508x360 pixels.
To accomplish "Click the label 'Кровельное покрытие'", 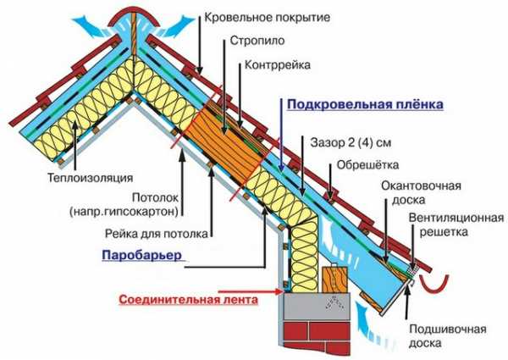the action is pyautogui.click(x=267, y=17).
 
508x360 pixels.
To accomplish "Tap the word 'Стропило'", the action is pyautogui.click(x=257, y=41).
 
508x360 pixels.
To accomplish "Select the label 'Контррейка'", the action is pyautogui.click(x=278, y=65).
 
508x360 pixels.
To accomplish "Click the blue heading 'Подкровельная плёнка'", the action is pyautogui.click(x=365, y=105).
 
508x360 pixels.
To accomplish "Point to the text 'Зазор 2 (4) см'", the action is pyautogui.click(x=351, y=143).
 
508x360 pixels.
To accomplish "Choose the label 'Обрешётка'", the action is pyautogui.click(x=367, y=165).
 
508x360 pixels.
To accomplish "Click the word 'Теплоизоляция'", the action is pyautogui.click(x=91, y=178).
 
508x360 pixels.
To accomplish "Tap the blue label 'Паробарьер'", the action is pyautogui.click(x=142, y=255).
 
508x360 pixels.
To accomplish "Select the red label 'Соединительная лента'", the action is pyautogui.click(x=189, y=299).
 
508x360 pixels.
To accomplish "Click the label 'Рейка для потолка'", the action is pyautogui.click(x=156, y=234).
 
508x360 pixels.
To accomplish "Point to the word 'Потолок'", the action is pyautogui.click(x=156, y=197).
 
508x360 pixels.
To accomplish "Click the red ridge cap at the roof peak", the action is pyautogui.click(x=134, y=17).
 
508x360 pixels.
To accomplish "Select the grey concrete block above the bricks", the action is pyautogui.click(x=317, y=307).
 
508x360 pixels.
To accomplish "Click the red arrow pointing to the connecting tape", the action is pyautogui.click(x=250, y=291).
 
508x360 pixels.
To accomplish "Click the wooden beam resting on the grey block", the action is pyautogui.click(x=334, y=280).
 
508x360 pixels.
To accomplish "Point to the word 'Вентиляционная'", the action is pyautogui.click(x=456, y=218).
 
